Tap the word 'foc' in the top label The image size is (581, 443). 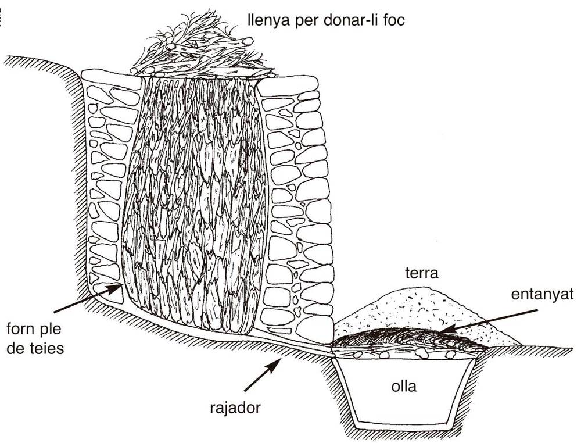pos(396,22)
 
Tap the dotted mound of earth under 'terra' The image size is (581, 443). pos(418,308)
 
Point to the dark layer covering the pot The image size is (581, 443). pos(407,340)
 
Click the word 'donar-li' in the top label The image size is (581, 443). pos(347,22)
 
